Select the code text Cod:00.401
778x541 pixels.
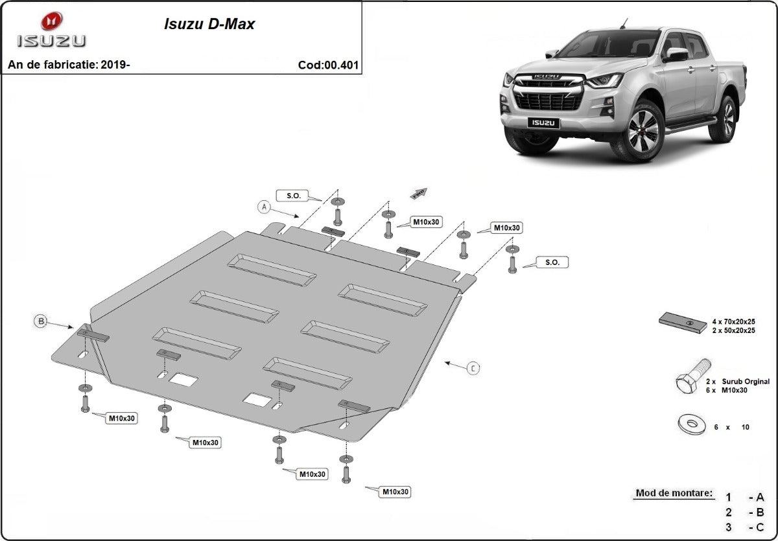point(328,65)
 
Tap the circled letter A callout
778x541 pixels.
point(263,207)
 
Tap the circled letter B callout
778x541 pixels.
point(41,321)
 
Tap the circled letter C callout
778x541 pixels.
point(474,368)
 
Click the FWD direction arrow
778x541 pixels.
point(419,192)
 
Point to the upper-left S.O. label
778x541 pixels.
point(289,195)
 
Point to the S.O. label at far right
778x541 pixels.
point(552,262)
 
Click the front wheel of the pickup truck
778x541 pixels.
point(642,132)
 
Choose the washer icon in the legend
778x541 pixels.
point(692,425)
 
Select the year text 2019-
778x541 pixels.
point(115,65)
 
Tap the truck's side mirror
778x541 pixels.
point(676,54)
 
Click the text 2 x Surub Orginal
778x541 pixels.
point(740,382)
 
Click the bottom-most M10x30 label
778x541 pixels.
point(394,492)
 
